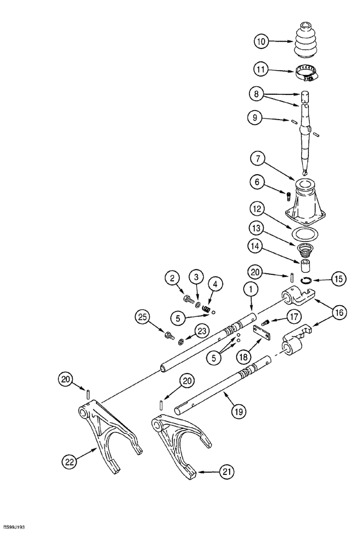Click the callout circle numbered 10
tap(261, 40)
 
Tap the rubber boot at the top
tap(306, 39)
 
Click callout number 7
tap(261, 160)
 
